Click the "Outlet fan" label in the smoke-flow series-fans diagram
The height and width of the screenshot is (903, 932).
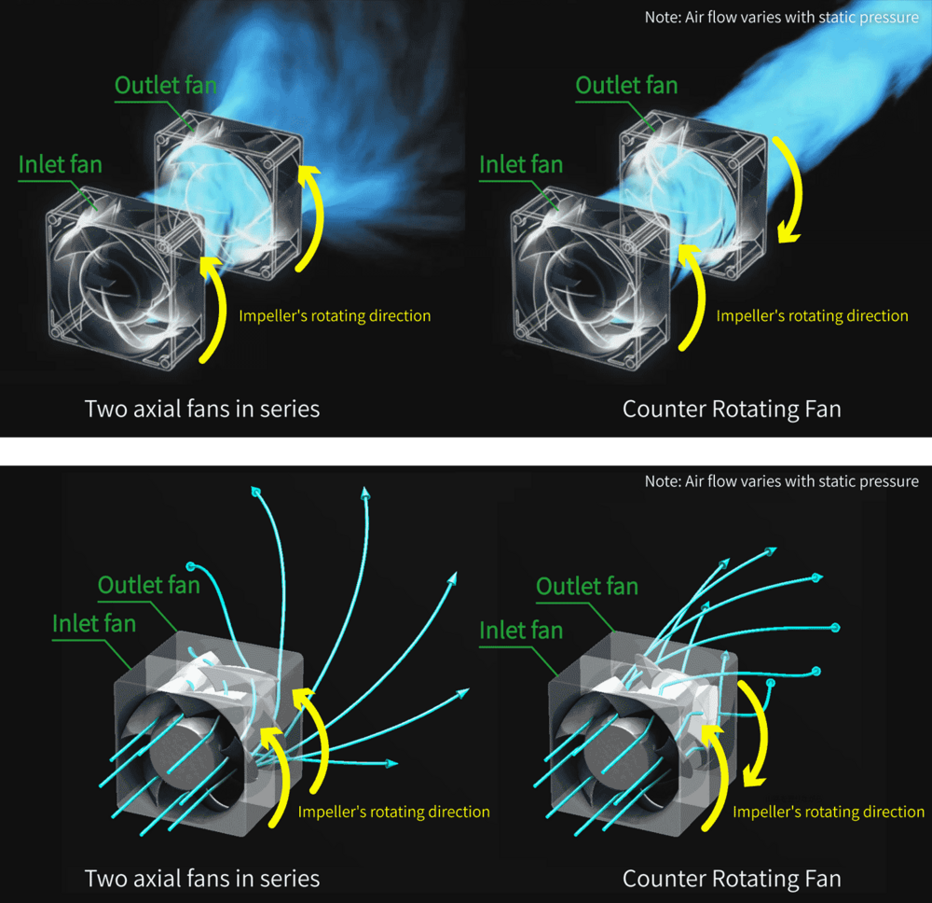coord(165,85)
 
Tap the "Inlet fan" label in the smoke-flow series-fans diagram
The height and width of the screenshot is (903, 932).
coord(60,164)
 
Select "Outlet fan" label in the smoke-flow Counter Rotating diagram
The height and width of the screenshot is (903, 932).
coord(626,85)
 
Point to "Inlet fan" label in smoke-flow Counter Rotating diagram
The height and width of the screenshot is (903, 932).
coord(521,164)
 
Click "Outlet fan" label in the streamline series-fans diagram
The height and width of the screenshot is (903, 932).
coord(148,585)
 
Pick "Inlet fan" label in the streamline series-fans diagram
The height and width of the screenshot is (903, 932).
coord(94,623)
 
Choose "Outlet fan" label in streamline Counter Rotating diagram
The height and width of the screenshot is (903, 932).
coord(587,586)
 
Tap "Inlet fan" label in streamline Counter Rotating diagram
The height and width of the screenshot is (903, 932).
coord(521,630)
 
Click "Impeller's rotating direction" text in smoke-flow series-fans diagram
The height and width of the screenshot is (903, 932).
coord(335,316)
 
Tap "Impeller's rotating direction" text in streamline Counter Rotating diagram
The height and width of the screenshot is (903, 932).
coord(829,812)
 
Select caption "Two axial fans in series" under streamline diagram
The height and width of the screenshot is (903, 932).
coord(202,879)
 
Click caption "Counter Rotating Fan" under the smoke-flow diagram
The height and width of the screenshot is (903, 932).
coord(732,410)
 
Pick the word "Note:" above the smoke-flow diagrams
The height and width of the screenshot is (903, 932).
coord(663,17)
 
